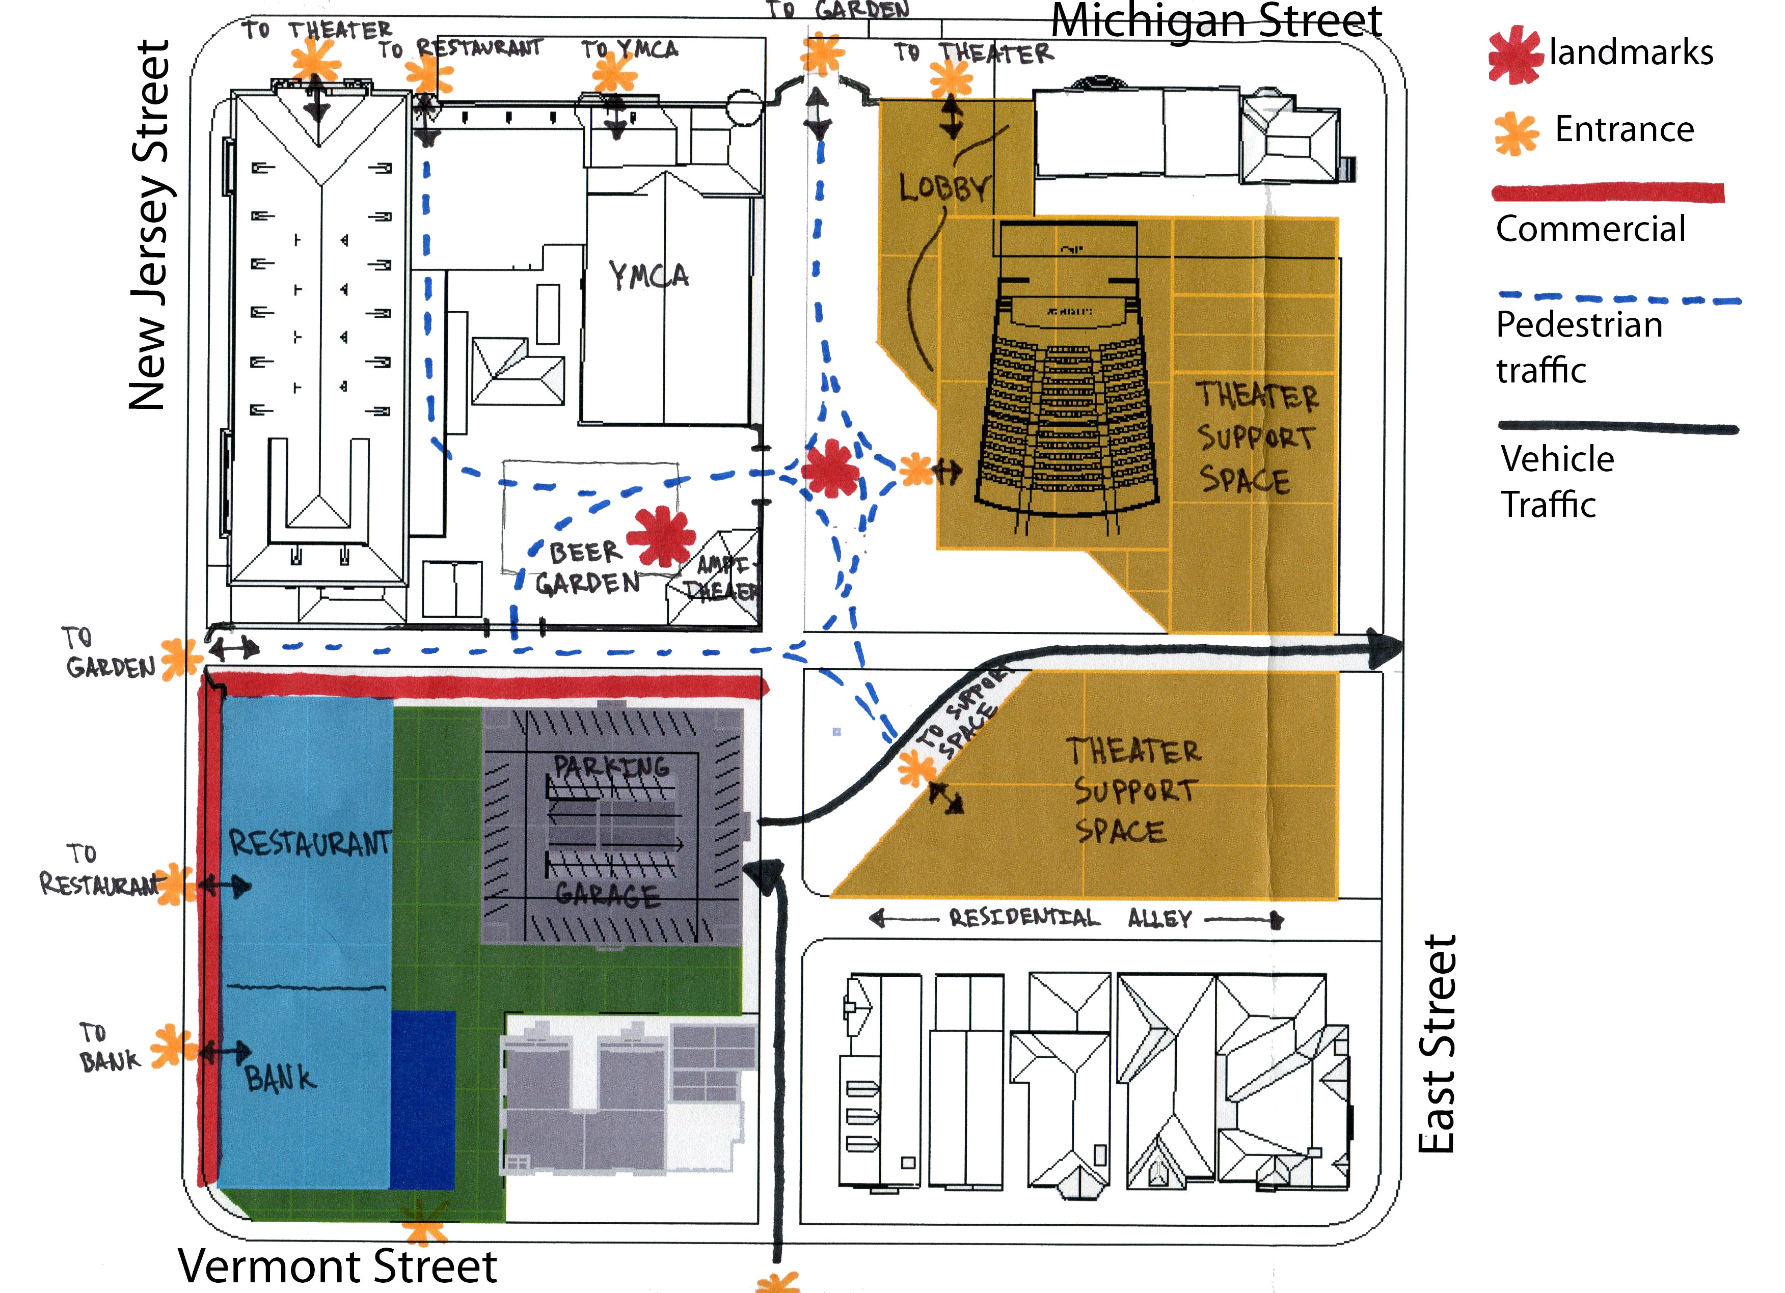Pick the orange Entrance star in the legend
click(x=1516, y=132)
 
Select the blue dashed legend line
click(x=1618, y=299)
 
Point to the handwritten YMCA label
click(x=648, y=276)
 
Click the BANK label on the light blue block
click(x=280, y=1077)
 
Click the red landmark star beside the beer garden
click(x=661, y=535)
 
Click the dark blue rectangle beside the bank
click(x=423, y=1099)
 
